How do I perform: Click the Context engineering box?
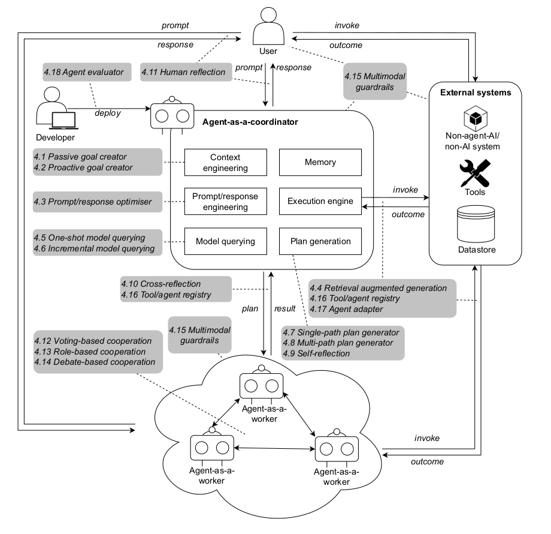point(216,162)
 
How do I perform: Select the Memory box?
point(320,162)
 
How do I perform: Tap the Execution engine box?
point(320,202)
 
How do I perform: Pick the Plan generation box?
point(320,241)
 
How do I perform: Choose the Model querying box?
point(216,241)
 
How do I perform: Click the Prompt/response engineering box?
point(216,202)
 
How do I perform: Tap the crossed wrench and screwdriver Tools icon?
point(476,173)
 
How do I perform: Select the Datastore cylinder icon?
point(476,224)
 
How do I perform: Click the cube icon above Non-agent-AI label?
point(476,118)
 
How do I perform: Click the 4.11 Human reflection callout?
point(183,72)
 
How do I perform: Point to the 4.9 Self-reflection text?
point(317,353)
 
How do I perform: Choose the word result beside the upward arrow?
point(285,308)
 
